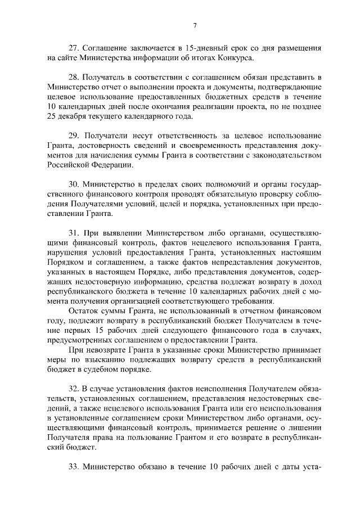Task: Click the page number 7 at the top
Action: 195,25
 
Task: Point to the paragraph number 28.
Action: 74,76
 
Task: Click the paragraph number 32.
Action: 74,389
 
